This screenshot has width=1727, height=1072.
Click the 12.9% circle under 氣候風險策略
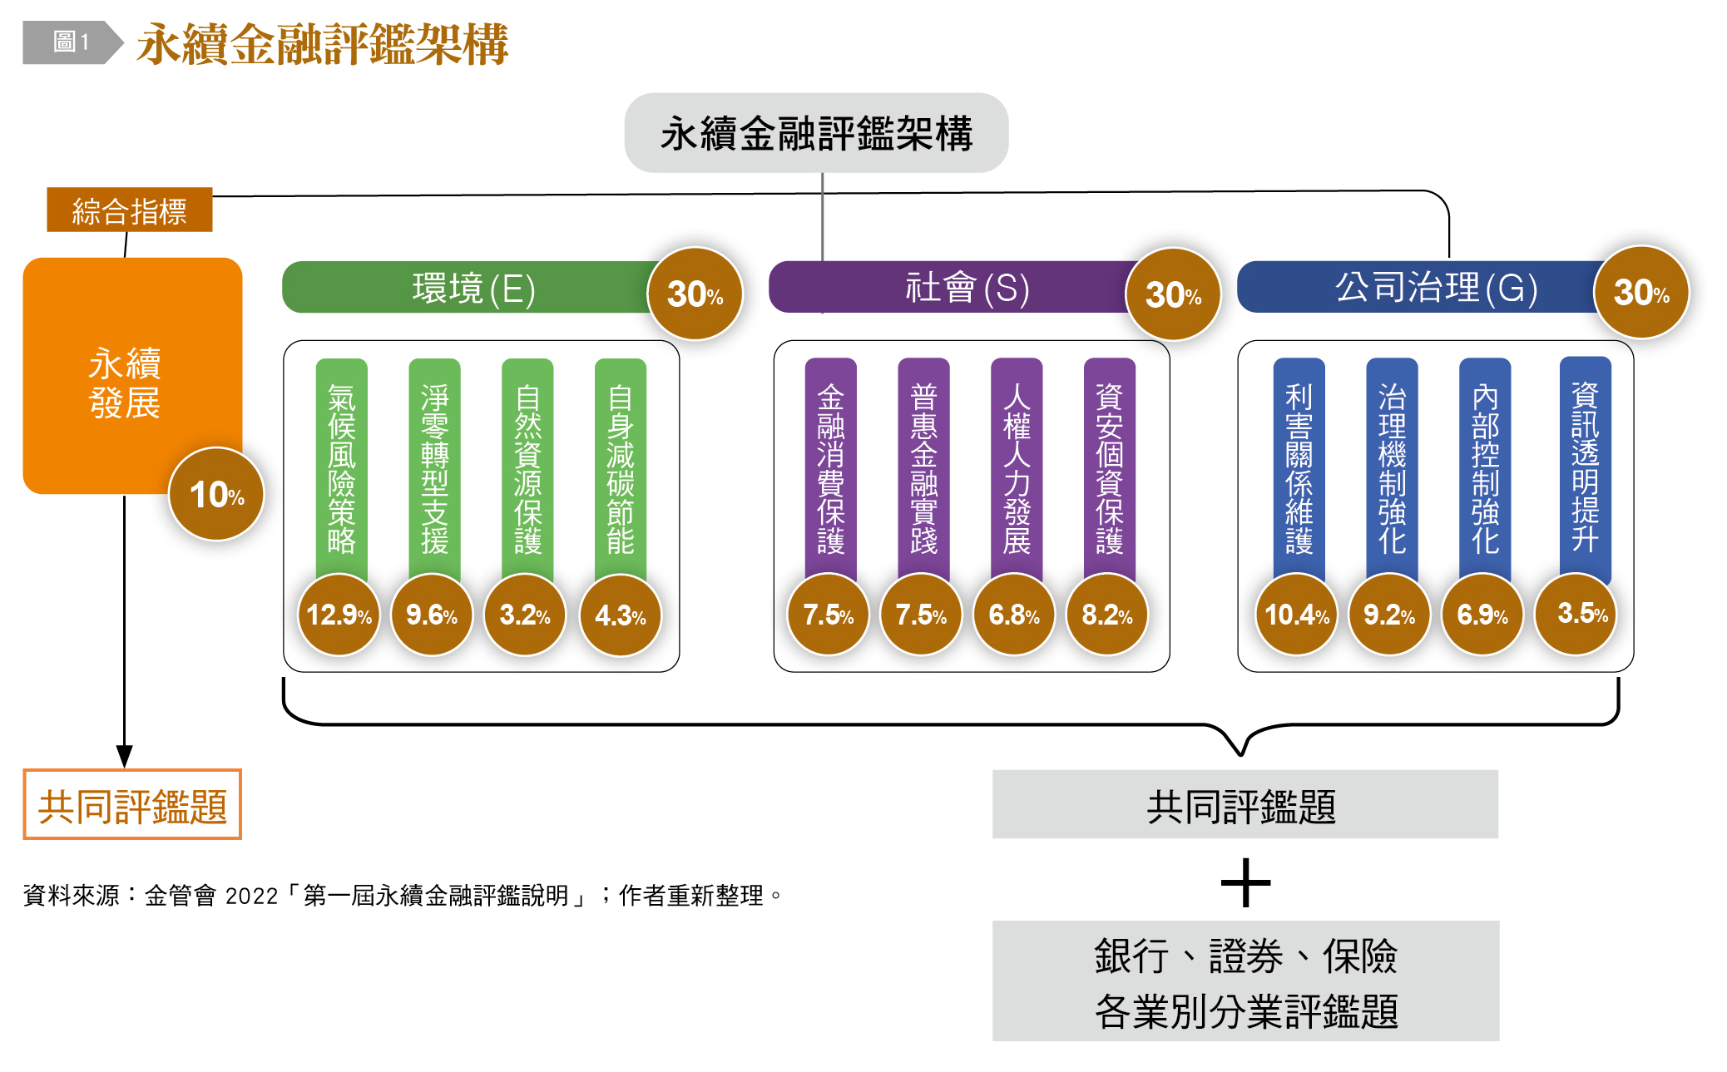339,615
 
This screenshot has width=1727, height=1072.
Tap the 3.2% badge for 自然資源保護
525,615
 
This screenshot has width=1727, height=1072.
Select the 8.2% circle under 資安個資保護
1107,615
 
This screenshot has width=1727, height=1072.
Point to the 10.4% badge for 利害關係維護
1296,615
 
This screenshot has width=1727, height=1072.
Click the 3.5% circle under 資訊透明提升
1576,614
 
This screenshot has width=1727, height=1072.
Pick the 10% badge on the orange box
216,494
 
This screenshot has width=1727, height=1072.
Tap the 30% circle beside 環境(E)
695,294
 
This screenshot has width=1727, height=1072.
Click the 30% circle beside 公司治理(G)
1641,292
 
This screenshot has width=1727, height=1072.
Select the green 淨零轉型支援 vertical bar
434,466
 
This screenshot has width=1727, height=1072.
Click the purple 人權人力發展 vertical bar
1017,466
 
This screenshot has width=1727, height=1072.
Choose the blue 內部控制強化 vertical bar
1485,466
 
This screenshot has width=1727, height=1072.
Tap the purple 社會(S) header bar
948,288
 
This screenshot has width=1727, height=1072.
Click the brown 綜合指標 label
130,210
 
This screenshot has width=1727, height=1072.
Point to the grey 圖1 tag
72,42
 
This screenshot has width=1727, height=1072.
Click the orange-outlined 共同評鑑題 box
132,805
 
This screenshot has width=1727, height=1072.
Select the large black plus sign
1245,882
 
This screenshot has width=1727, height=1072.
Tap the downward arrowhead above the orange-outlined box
125,755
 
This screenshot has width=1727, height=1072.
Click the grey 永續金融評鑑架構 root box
816,133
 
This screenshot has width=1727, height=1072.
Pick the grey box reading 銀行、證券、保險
1245,981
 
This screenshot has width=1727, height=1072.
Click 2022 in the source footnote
251,896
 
